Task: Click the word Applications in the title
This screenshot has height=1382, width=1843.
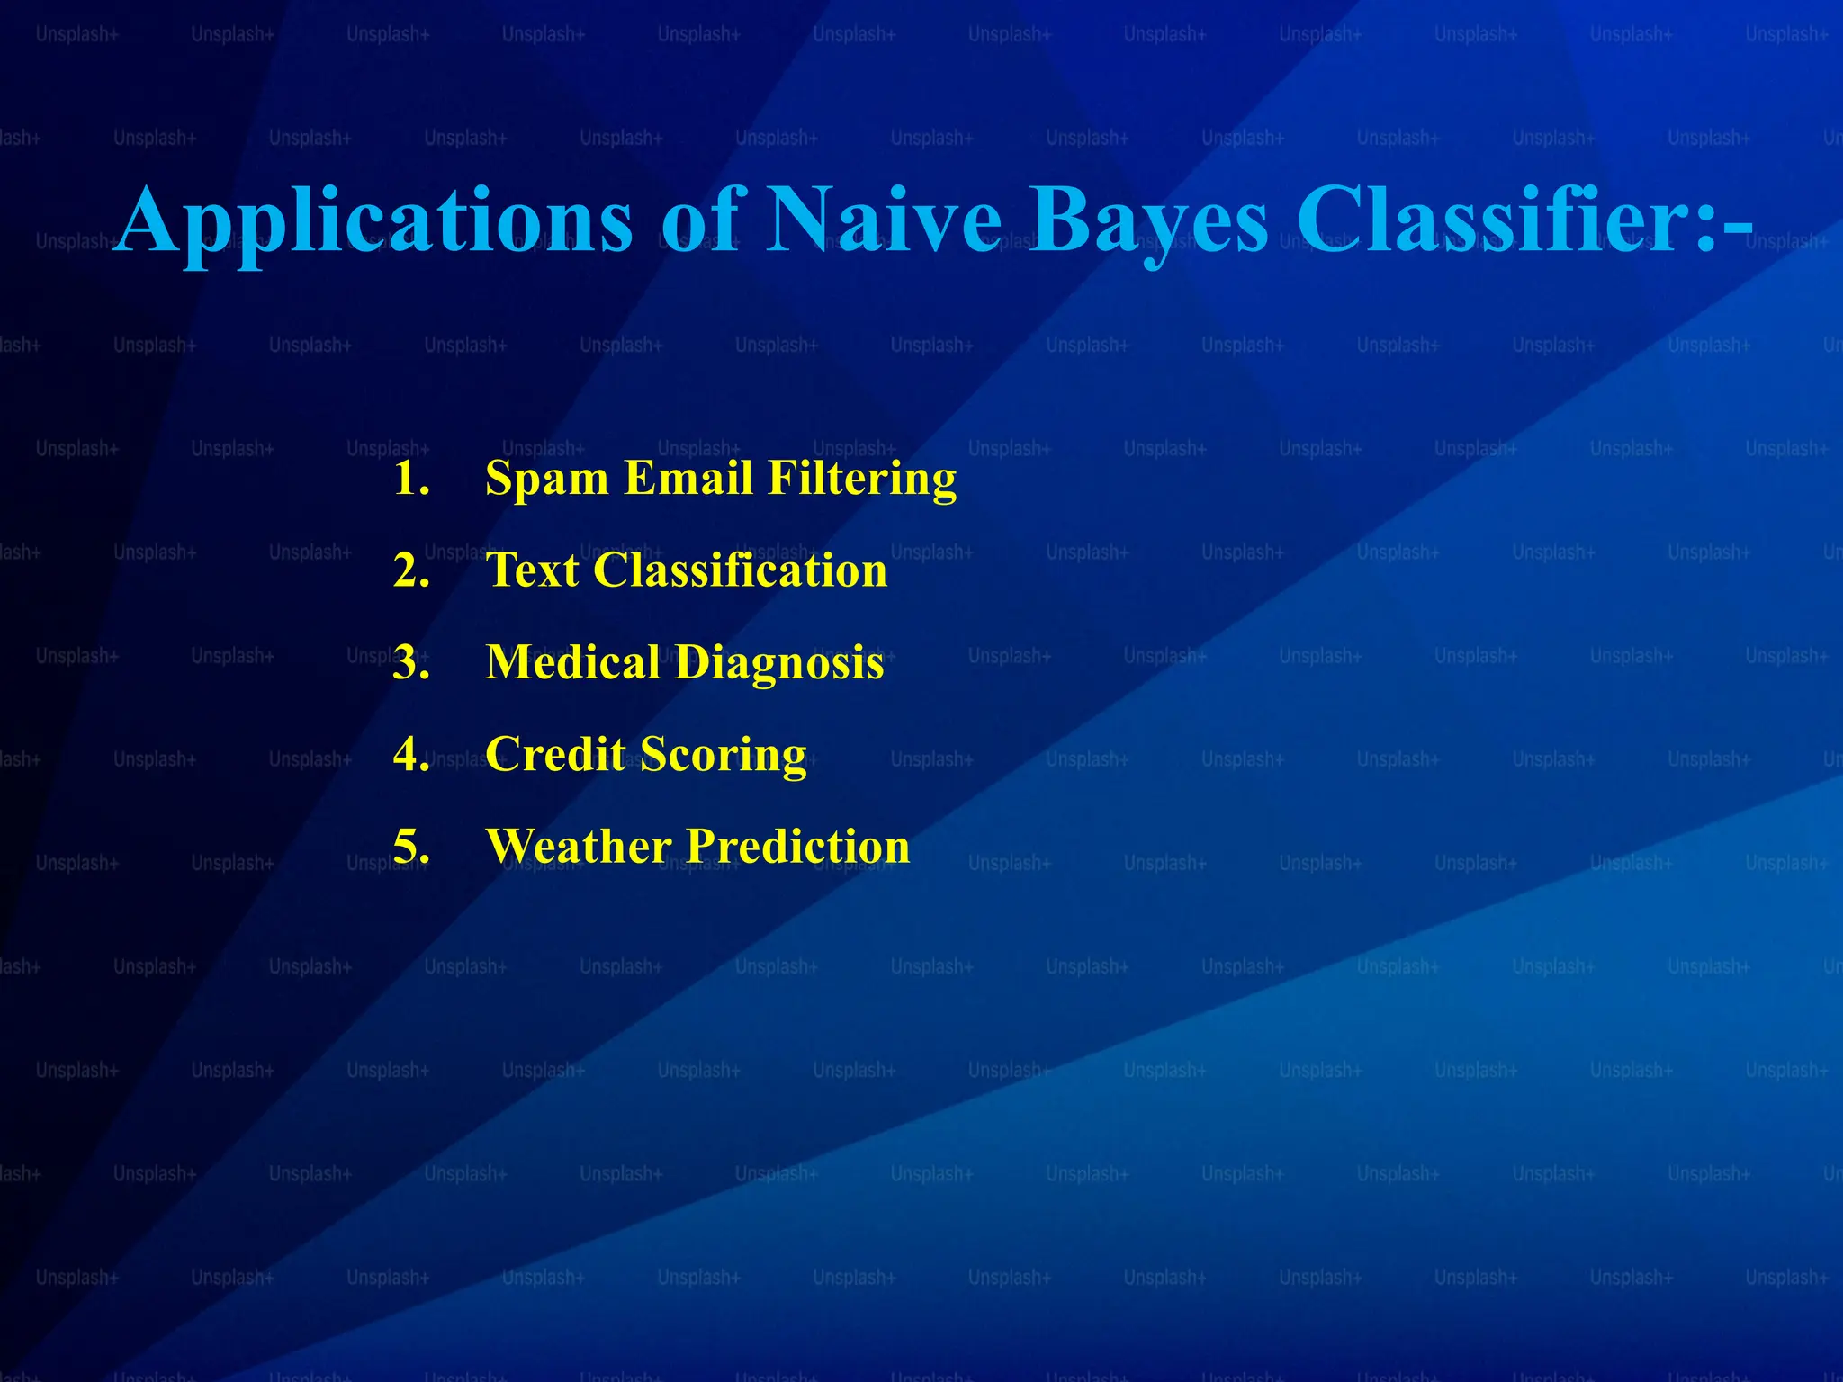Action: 373,222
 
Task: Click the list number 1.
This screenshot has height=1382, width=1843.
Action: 411,478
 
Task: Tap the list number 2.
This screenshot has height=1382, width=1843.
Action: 411,570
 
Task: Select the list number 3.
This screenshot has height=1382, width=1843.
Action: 411,662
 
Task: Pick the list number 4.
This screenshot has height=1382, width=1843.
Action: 411,754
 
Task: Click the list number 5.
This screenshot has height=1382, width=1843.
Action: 411,847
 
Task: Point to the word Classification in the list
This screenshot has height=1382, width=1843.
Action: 740,570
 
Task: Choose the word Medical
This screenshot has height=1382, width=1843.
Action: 572,662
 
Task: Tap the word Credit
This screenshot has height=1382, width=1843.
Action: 555,754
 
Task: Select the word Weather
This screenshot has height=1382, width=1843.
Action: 579,847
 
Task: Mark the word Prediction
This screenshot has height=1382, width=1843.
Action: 798,847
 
